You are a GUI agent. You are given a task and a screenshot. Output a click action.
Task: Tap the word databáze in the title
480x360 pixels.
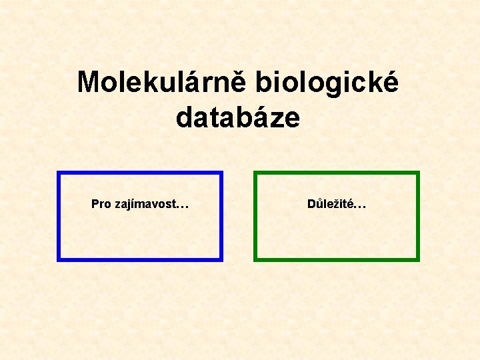tap(238, 118)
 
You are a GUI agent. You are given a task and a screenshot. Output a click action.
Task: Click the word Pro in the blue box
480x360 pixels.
tap(101, 204)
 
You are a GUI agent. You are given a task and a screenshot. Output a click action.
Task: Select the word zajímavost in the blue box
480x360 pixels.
tap(143, 204)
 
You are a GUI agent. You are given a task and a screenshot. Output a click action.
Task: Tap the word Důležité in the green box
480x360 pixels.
tap(329, 204)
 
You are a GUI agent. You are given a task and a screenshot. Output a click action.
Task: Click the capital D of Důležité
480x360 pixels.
tap(311, 204)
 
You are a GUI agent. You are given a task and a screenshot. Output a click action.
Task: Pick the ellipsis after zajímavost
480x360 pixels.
tap(181, 206)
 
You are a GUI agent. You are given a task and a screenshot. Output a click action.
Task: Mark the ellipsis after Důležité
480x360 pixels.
tap(359, 206)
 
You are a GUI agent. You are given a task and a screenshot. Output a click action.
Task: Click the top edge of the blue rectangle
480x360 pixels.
tap(140, 173)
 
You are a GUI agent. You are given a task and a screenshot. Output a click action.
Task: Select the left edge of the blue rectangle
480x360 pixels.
tap(59, 216)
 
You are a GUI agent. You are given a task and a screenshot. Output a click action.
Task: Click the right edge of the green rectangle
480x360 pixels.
tap(417, 216)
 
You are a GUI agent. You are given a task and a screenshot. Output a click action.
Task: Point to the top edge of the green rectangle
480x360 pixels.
tap(337, 173)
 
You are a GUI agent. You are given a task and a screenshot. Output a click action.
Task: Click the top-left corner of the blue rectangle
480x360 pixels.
tap(59, 173)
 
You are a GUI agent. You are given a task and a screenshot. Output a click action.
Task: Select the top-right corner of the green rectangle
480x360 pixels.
tap(417, 173)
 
